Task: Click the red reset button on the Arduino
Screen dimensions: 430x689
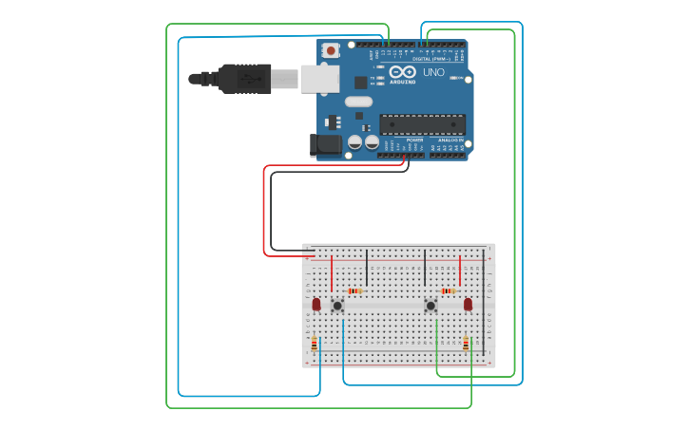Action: click(x=331, y=50)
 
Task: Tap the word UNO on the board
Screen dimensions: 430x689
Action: click(x=433, y=72)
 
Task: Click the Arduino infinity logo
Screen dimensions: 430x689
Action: click(x=402, y=72)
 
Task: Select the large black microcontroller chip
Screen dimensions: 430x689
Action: click(x=422, y=123)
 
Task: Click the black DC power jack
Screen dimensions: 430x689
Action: click(x=325, y=144)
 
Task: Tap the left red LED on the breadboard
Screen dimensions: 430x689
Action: click(x=316, y=304)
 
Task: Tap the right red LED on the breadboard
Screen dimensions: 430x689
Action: click(x=468, y=304)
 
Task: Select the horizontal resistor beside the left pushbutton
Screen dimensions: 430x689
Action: click(x=354, y=290)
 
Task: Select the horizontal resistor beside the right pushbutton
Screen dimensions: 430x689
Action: click(x=448, y=290)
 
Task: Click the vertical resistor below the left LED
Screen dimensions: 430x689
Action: click(x=314, y=345)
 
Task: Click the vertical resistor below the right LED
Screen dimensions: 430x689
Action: click(x=466, y=344)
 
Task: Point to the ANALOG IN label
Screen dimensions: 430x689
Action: click(x=450, y=140)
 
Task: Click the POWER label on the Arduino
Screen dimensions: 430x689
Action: click(x=414, y=140)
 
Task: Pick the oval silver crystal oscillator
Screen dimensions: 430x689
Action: click(x=358, y=102)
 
